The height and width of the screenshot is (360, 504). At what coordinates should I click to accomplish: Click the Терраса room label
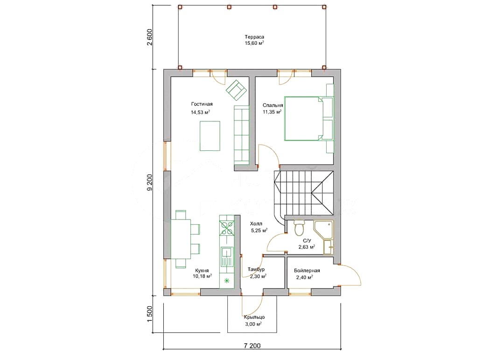point(254,37)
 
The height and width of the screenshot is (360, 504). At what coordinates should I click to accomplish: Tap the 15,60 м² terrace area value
point(254,43)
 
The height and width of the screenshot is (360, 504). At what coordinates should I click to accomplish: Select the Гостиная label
point(202,104)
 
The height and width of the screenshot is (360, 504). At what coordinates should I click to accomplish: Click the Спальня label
point(273,105)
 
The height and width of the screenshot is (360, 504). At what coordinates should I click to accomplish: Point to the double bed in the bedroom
point(304,119)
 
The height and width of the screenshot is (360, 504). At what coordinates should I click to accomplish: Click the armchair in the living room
point(236,90)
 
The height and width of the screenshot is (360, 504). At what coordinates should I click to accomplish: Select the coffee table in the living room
point(210,136)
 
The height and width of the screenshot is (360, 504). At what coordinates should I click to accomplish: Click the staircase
point(303,193)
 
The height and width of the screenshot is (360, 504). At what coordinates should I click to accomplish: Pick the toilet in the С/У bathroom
point(299,228)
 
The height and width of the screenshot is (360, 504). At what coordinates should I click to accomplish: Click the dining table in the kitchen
point(181,239)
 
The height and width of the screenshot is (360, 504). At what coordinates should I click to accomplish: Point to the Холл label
point(256,224)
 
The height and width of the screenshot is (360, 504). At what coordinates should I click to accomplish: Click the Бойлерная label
point(307,270)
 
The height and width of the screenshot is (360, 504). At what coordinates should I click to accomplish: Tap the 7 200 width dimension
point(252,346)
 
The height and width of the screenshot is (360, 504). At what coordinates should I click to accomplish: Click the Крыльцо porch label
point(254,317)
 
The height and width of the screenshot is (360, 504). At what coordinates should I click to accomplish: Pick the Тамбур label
point(256,269)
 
